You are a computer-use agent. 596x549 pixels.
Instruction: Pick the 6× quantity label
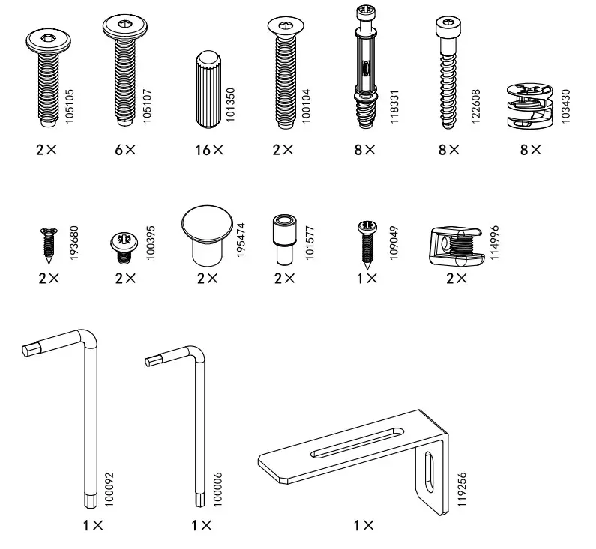(x=125, y=150)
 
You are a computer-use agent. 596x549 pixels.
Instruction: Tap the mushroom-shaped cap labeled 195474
(x=205, y=234)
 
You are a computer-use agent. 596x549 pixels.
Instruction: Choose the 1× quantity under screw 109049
(x=367, y=278)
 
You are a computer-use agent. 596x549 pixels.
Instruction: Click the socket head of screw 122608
(x=446, y=28)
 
